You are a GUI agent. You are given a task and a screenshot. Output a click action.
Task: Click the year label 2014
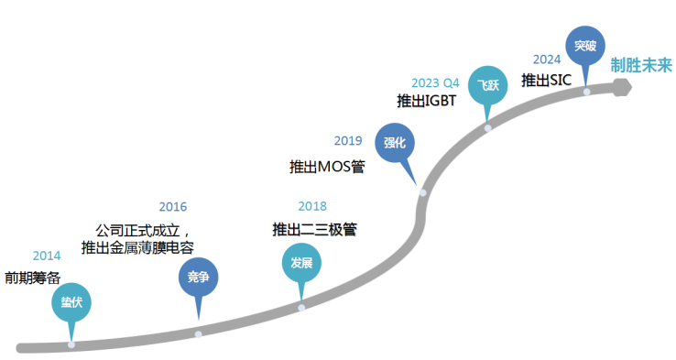tap(47, 256)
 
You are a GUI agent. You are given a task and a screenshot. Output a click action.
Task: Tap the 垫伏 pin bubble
tap(71, 302)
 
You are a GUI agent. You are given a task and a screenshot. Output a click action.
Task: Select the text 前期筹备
tap(33, 278)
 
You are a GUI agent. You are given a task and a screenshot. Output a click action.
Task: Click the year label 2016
tap(173, 207)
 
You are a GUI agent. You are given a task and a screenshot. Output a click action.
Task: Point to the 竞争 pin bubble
tap(199, 278)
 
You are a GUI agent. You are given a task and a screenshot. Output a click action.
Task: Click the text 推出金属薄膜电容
tap(137, 247)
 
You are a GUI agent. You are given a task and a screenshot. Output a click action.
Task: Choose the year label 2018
tap(312, 206)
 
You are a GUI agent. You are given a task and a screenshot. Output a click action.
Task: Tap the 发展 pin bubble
tap(301, 263)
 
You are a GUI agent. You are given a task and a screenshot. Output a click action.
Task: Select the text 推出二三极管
tap(315, 229)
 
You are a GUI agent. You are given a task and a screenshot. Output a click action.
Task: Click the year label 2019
tap(348, 140)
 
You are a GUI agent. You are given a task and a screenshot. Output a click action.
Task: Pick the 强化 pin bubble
tap(395, 143)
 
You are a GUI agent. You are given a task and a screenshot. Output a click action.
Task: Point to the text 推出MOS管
tap(327, 167)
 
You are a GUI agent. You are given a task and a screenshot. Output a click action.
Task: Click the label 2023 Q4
tap(435, 82)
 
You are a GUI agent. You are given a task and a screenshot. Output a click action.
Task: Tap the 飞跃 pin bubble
tap(487, 85)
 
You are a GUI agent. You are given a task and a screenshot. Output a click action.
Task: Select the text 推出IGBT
tap(426, 101)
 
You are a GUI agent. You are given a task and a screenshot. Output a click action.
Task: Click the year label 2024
tap(547, 60)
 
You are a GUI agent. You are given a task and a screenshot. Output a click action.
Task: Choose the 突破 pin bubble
tap(585, 46)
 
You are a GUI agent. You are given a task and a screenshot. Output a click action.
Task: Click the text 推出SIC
tap(546, 81)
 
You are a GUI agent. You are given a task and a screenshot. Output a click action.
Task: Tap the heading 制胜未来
tap(641, 66)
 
